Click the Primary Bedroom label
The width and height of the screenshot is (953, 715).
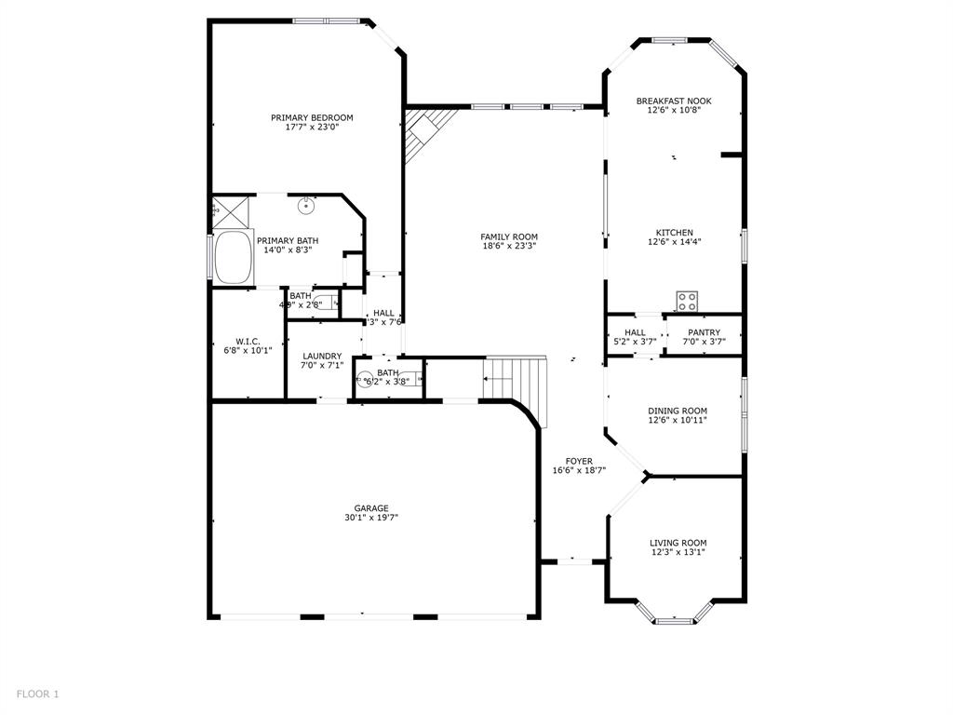click(x=312, y=117)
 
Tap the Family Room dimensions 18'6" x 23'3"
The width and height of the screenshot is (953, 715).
click(x=509, y=247)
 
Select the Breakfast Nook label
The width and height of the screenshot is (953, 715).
click(x=674, y=101)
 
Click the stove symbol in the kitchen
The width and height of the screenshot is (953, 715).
click(x=688, y=301)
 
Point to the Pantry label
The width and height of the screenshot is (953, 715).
click(x=704, y=332)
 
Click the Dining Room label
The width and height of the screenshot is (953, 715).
click(x=678, y=411)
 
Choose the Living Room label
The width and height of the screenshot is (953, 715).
click(x=678, y=543)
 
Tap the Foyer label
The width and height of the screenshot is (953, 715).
click(x=579, y=461)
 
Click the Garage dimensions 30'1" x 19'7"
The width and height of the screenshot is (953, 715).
click(x=370, y=518)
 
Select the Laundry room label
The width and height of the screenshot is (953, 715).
click(x=322, y=356)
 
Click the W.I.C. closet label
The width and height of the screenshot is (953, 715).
click(x=247, y=341)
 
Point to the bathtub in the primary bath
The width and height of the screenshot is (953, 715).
click(x=233, y=258)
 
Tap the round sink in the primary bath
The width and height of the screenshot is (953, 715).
click(x=306, y=207)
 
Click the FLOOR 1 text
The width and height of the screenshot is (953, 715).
click(x=37, y=694)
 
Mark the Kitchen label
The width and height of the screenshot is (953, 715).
click(x=674, y=233)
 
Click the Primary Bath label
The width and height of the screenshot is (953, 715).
click(x=288, y=240)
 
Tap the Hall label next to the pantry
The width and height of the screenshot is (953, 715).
click(x=635, y=332)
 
